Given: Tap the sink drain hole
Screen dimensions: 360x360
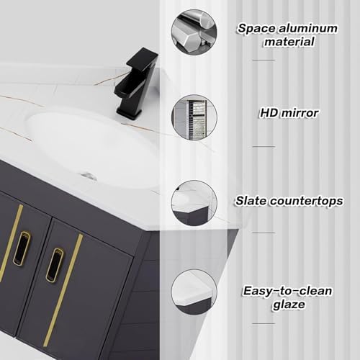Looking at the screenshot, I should coord(89,175).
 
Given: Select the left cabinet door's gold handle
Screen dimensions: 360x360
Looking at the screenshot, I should coord(22,248).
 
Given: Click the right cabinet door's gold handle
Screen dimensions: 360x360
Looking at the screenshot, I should coord(54,264).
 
